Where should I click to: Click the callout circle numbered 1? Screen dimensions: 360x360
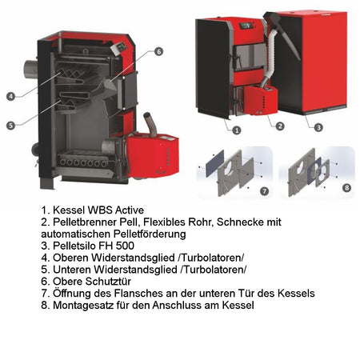click(x=237, y=127)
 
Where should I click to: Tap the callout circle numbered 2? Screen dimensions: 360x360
click(x=278, y=126)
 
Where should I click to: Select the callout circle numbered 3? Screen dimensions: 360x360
click(x=318, y=126)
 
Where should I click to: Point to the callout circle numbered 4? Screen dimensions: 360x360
click(x=10, y=96)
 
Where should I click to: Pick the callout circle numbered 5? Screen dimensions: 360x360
click(x=10, y=126)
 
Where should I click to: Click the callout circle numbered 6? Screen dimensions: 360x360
click(x=158, y=51)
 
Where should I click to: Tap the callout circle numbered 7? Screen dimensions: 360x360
click(x=265, y=190)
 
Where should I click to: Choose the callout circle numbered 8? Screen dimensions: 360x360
click(x=346, y=188)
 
